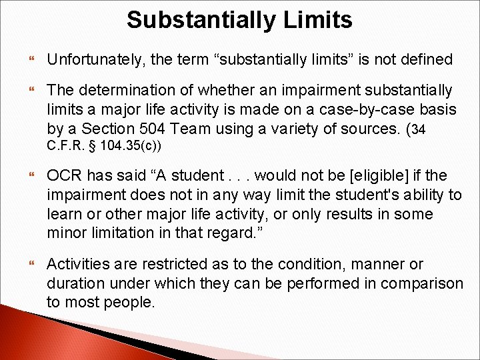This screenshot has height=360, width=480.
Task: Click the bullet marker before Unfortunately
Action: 30,60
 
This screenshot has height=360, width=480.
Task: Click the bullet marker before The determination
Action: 30,90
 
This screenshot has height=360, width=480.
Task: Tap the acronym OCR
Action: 64,176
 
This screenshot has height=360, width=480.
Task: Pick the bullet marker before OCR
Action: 30,176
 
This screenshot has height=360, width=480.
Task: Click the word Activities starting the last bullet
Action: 77,264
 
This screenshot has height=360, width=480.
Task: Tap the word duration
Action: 74,283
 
